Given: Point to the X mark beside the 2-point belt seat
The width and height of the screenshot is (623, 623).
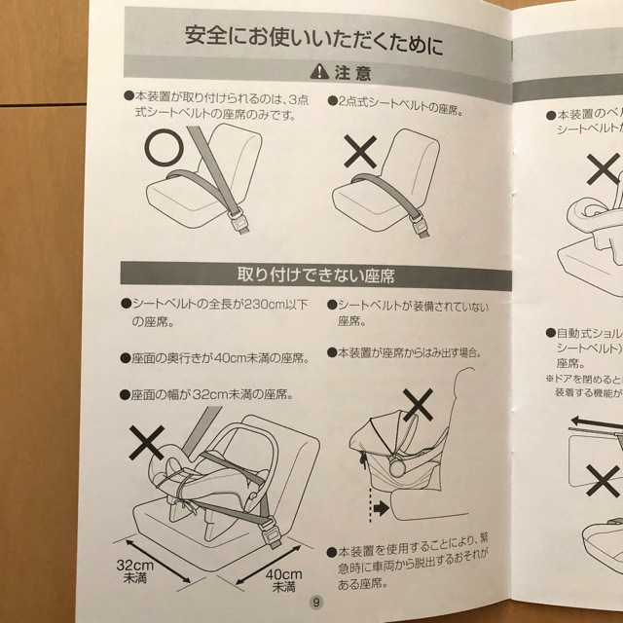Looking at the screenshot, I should pyautogui.click(x=360, y=155).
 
